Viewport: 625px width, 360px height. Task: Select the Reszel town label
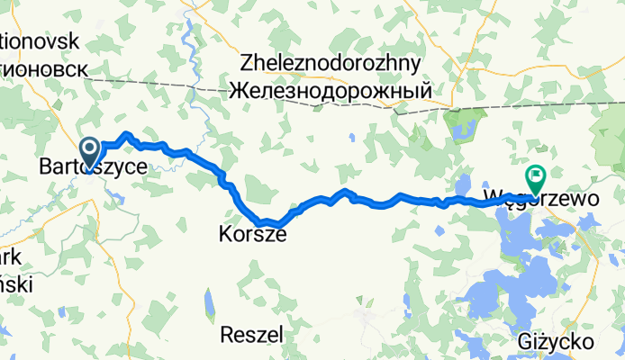click(251, 334)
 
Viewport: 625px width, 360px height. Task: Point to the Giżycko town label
click(556, 342)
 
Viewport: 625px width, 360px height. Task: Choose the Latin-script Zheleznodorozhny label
click(331, 63)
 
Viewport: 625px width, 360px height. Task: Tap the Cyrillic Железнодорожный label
click(331, 91)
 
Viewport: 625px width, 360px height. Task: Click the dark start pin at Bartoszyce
click(90, 149)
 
